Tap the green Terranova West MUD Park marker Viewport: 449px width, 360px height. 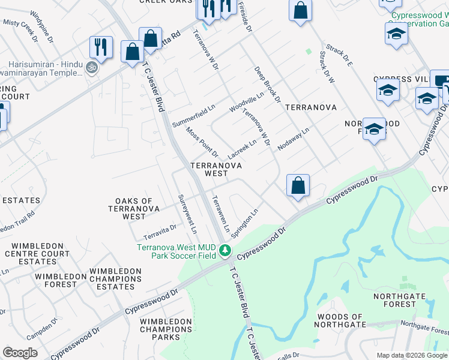click(x=225, y=250)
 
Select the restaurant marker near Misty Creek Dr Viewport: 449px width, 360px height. click(x=101, y=48)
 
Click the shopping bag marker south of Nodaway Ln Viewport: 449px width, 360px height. click(x=298, y=186)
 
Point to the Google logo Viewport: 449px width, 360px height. click(x=20, y=352)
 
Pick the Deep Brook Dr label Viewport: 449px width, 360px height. click(x=267, y=85)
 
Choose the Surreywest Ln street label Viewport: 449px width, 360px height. click(x=186, y=214)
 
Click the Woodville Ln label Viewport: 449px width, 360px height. click(x=247, y=103)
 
